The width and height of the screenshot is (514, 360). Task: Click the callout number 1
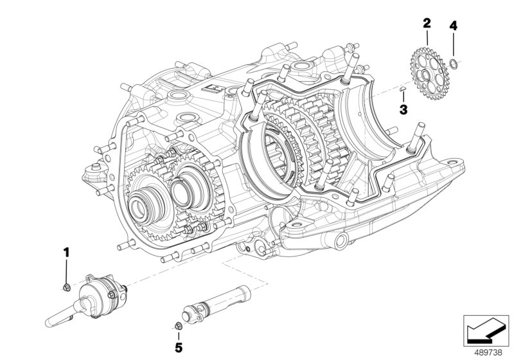[x=66, y=250]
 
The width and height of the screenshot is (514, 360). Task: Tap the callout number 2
[x=426, y=24]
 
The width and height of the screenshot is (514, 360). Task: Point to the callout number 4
[x=454, y=26]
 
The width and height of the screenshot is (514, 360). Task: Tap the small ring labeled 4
[x=454, y=63]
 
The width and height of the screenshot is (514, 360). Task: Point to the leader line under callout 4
[x=454, y=45]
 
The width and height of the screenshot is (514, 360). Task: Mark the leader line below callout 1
[x=66, y=269]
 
